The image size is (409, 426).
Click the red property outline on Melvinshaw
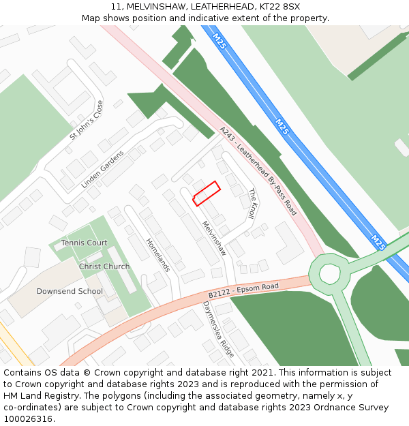pos(207,193)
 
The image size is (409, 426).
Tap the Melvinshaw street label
pos(214,238)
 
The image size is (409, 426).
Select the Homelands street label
pos(157,254)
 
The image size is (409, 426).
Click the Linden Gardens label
pos(102,170)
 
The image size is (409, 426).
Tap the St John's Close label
pos(86,121)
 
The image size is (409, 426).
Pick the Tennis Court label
pos(85,243)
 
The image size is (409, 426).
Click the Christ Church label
pos(104,267)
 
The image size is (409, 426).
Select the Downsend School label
pos(70,291)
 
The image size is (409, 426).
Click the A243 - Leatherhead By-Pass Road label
pos(258,171)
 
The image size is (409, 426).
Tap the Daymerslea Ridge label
pos(218,329)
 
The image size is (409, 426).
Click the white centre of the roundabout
pos(329,273)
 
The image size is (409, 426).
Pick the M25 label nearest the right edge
pos(378,242)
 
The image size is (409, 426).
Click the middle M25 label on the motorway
pos(282,126)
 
